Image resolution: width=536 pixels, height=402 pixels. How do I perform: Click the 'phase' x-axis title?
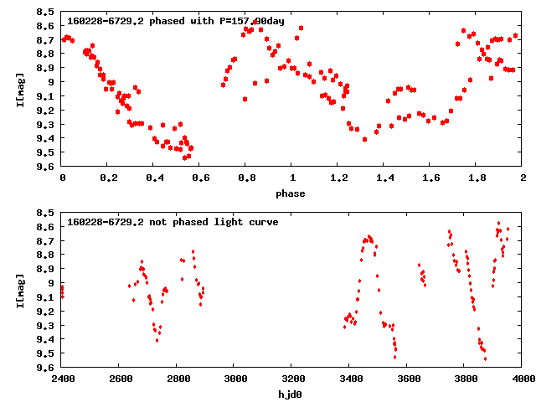pos(292,193)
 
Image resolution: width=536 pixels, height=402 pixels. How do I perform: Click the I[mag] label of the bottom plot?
pos(18,289)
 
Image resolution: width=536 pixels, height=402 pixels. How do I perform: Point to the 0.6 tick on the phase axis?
pos(200,178)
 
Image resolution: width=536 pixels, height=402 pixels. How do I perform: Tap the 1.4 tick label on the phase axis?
pos(384,178)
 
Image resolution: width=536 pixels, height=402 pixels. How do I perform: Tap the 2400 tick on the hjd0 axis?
pos(62,379)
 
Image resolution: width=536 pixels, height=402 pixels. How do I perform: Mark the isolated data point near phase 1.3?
pos(364,139)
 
